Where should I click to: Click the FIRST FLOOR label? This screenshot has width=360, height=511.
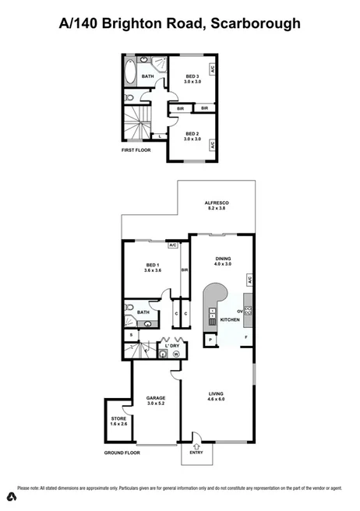[136, 149]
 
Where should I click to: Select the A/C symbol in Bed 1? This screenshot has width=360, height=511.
[173, 245]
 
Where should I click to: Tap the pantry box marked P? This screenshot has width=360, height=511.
[210, 340]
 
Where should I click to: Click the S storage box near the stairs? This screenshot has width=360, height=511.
[132, 335]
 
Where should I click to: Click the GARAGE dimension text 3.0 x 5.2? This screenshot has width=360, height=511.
[156, 403]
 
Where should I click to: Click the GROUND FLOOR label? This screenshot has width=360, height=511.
[122, 452]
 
